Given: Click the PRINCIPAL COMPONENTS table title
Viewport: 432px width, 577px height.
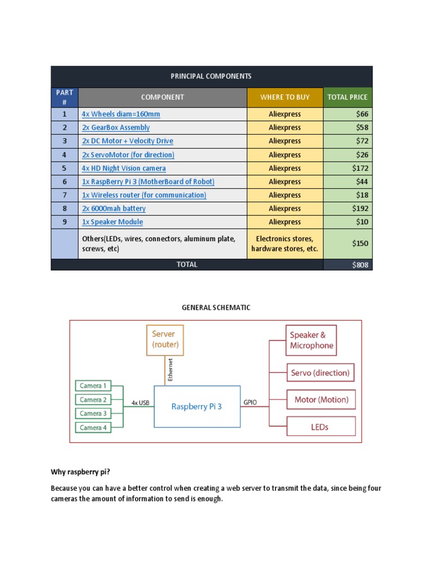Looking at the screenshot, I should (211, 76).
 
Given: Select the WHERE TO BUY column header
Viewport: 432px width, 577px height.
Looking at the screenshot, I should (285, 97).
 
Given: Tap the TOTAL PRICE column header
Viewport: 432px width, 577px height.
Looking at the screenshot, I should (347, 97).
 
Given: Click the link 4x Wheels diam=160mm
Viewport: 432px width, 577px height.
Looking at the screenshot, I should (121, 114).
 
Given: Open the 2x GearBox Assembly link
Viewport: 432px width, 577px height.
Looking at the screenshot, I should (116, 127).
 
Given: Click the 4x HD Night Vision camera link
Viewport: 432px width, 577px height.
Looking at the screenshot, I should (124, 168).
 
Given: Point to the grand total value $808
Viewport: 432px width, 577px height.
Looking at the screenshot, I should (360, 265).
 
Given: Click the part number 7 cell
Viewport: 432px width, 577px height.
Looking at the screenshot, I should (64, 195).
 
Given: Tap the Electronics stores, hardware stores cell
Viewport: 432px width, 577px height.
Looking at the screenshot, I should (285, 243).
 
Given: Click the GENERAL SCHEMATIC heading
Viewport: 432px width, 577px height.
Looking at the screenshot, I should (215, 308).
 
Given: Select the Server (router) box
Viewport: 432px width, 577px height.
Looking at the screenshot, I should (165, 339).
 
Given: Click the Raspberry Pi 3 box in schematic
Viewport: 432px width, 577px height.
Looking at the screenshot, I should (197, 406).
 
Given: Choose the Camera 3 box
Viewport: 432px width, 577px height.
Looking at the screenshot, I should (93, 414).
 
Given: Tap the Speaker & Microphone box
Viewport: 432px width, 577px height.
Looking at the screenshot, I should (311, 340).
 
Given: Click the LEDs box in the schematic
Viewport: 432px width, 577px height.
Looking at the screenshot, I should (321, 427).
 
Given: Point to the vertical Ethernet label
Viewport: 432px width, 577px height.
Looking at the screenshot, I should (170, 370).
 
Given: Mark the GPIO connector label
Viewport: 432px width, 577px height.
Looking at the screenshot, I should (250, 402).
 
